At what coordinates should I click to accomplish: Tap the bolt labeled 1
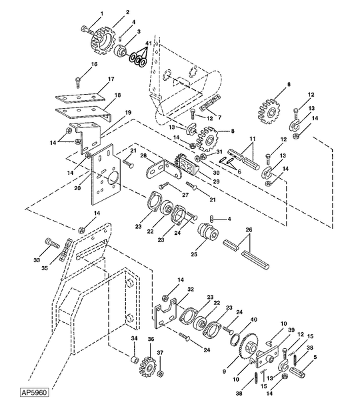[87, 29]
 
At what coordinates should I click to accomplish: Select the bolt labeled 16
[79, 82]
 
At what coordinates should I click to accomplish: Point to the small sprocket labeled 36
[148, 366]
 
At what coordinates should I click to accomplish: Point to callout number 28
[143, 156]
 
